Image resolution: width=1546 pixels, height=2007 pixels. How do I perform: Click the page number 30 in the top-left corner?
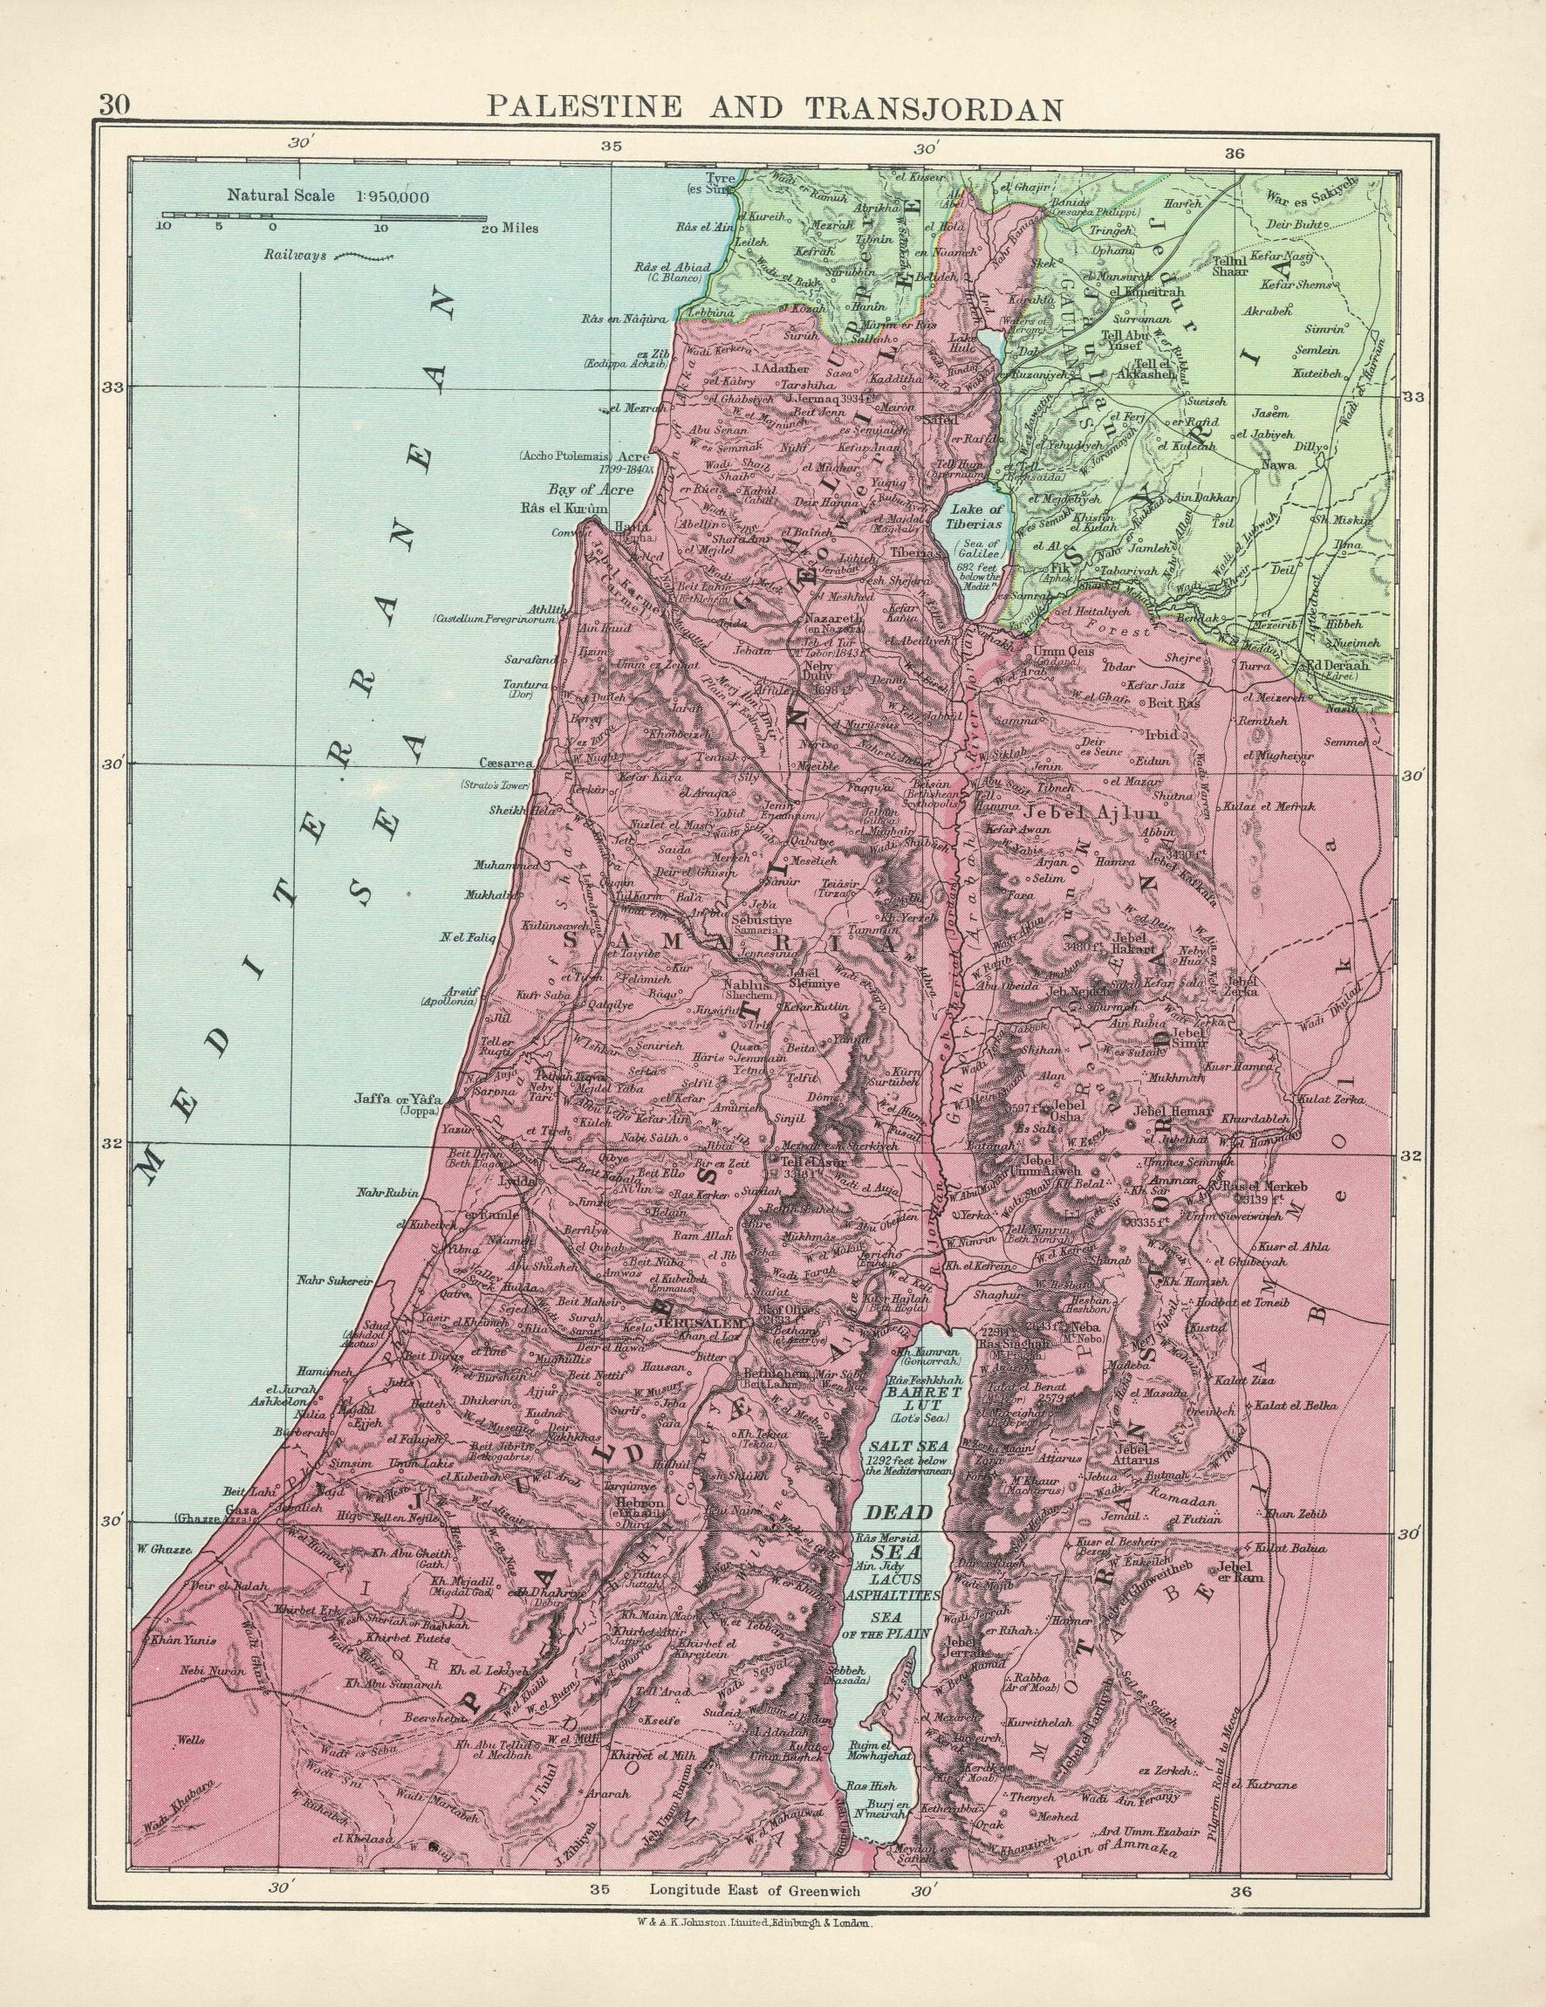coord(116,104)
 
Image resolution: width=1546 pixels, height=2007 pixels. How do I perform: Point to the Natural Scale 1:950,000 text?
coord(329,195)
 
